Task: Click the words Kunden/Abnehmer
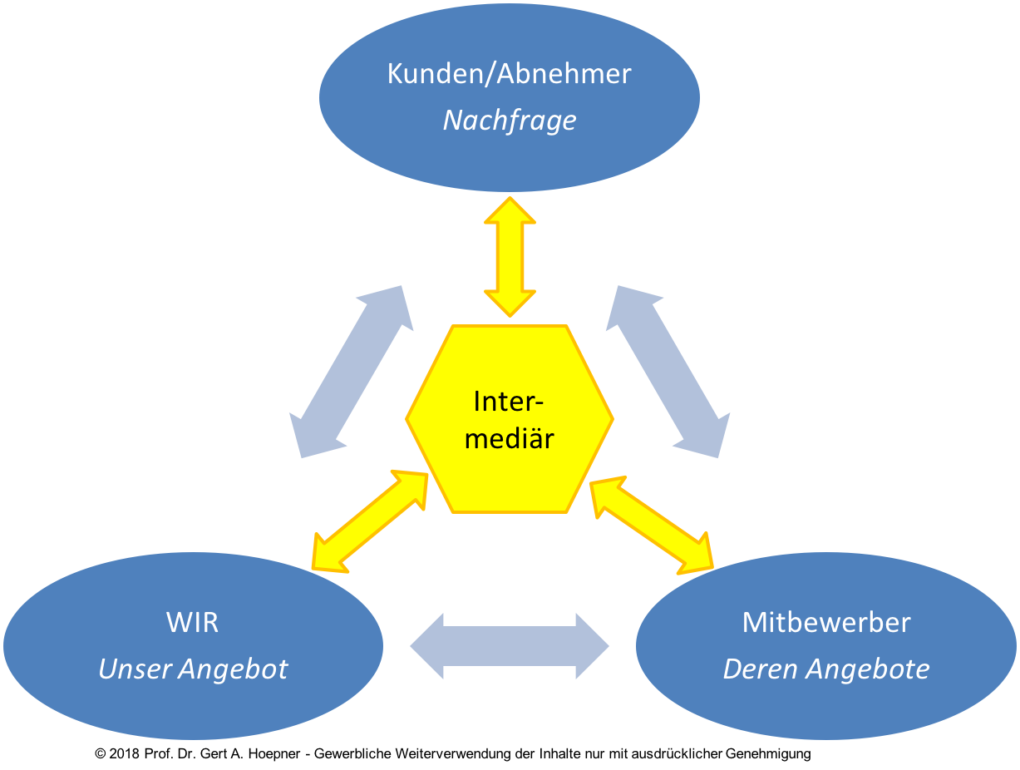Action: click(509, 73)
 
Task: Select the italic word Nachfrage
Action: click(510, 121)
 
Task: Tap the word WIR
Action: click(192, 622)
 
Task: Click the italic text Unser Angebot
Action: click(193, 669)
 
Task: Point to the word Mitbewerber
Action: click(826, 622)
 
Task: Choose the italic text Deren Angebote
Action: click(825, 669)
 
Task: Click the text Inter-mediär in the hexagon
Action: click(510, 420)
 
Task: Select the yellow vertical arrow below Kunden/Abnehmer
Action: click(510, 257)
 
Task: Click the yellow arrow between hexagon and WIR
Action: click(370, 521)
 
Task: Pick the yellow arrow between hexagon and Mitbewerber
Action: click(651, 525)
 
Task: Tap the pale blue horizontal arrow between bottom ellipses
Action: click(510, 646)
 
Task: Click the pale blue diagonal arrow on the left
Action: click(352, 372)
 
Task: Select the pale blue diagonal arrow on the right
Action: click(668, 372)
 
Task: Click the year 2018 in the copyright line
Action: click(124, 753)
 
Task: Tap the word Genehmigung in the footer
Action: click(768, 754)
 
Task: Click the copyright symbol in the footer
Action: click(100, 753)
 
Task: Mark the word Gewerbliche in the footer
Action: click(352, 753)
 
